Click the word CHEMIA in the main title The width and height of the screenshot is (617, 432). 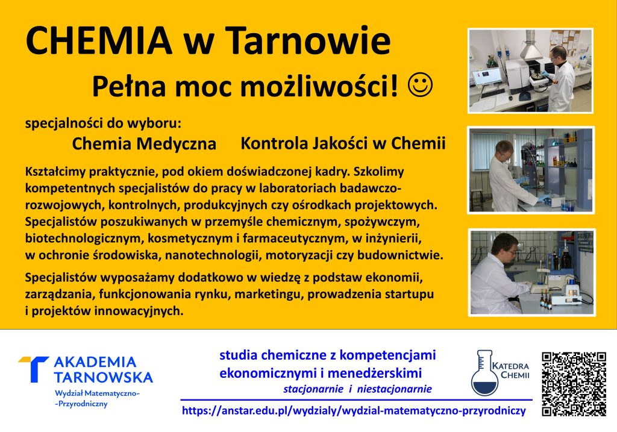(x=99, y=40)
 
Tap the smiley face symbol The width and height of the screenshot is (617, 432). (x=420, y=85)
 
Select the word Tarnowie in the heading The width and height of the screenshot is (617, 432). (x=308, y=40)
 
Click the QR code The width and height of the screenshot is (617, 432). (x=574, y=384)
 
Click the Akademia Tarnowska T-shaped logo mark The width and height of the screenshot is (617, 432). (x=34, y=369)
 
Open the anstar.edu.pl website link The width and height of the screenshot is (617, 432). (x=354, y=411)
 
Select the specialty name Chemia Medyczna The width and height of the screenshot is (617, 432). (x=144, y=143)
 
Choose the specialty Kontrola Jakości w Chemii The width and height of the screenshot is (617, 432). (x=343, y=143)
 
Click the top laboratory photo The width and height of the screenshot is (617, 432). (x=530, y=71)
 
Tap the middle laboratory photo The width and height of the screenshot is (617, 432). (x=531, y=170)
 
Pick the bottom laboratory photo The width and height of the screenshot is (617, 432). (x=531, y=272)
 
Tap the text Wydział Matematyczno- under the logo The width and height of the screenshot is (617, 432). (x=97, y=393)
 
